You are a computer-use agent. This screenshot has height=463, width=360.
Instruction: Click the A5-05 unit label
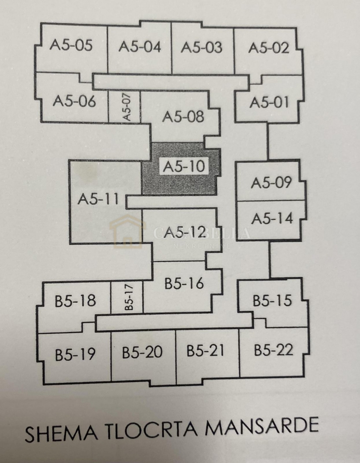click(x=71, y=45)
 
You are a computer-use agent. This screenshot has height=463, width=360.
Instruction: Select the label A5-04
click(x=140, y=47)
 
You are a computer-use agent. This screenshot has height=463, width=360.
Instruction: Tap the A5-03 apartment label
click(x=201, y=47)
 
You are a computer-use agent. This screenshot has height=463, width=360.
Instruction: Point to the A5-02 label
click(x=269, y=48)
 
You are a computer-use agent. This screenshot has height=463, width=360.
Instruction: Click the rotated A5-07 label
click(x=126, y=107)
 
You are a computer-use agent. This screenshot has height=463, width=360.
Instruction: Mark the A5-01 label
click(x=270, y=103)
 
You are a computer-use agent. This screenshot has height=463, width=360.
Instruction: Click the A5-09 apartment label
click(x=271, y=183)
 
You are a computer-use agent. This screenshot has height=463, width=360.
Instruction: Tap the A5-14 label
click(x=272, y=219)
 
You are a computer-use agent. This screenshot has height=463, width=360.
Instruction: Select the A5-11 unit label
click(x=99, y=199)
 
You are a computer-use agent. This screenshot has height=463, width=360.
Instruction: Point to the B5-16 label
click(x=184, y=284)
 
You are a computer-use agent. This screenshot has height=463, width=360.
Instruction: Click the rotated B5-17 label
click(x=129, y=296)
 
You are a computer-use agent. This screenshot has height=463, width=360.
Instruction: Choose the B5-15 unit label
click(x=272, y=301)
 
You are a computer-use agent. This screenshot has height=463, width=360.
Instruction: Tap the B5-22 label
click(x=273, y=350)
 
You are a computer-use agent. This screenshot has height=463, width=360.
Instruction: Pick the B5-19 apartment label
click(x=75, y=355)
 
